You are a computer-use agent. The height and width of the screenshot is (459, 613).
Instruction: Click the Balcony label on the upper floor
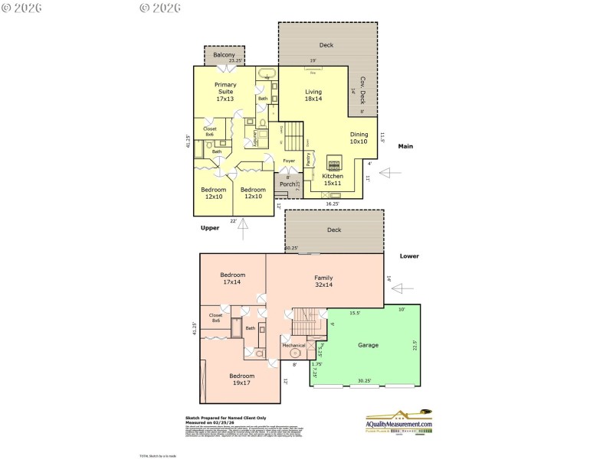(224, 56)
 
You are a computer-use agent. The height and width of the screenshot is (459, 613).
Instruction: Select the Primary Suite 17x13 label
(225, 91)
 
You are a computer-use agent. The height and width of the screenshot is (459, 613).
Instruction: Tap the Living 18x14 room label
(313, 96)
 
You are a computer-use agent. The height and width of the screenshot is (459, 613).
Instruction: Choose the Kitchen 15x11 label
(333, 180)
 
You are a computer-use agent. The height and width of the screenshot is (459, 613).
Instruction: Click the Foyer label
(289, 161)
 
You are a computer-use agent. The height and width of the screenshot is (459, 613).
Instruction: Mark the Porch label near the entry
(287, 184)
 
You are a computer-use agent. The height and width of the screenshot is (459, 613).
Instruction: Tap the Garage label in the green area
(368, 345)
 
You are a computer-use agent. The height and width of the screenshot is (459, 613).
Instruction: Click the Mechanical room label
(293, 345)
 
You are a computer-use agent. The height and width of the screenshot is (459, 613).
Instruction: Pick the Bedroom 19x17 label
(241, 379)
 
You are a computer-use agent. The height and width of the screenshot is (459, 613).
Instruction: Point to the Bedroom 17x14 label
(232, 278)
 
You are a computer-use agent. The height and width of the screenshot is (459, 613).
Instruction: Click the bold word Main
(406, 146)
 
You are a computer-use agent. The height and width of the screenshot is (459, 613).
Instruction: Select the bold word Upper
(210, 227)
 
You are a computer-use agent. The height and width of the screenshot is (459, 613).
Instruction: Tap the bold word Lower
(409, 257)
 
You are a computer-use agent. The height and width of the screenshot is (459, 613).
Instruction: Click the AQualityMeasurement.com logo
(398, 423)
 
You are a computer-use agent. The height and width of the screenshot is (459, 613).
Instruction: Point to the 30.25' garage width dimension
(364, 380)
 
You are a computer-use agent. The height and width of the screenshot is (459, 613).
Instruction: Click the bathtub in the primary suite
(267, 75)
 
